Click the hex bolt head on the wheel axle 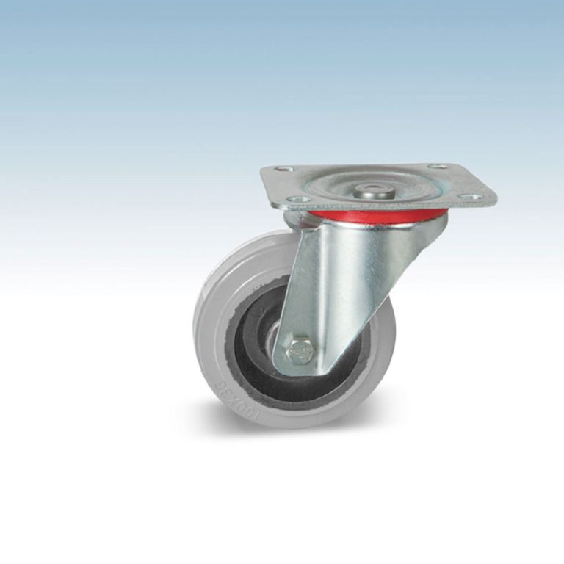[x=300, y=352]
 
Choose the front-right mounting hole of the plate [x=474, y=196]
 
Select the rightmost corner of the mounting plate [x=495, y=200]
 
